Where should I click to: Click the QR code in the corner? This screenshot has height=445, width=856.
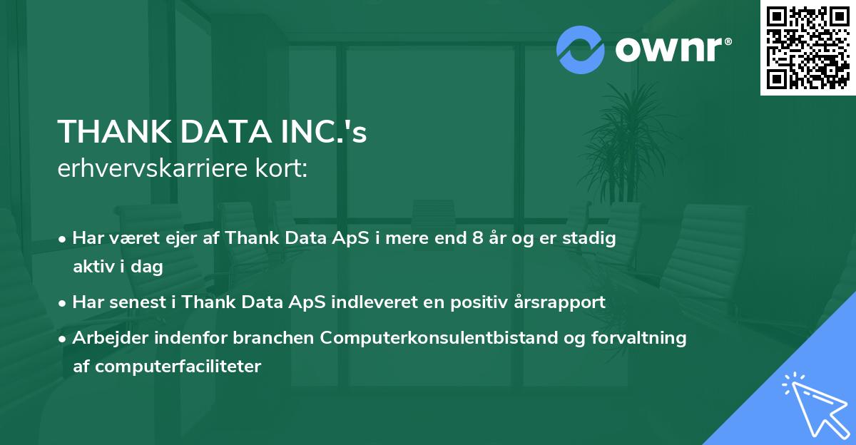(808, 48)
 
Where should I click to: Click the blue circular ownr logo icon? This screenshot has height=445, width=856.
(581, 50)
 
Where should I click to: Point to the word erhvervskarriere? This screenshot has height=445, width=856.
(154, 170)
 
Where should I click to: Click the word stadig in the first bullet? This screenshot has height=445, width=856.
(589, 238)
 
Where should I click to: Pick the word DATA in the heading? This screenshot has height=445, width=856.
(222, 132)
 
